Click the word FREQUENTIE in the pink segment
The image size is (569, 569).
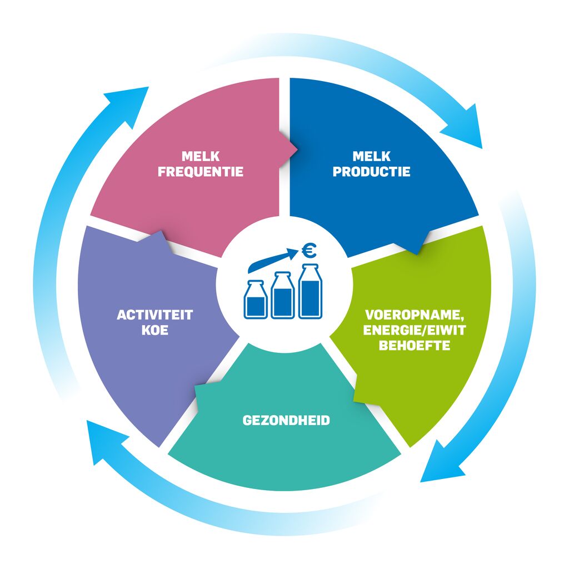pyautogui.click(x=200, y=172)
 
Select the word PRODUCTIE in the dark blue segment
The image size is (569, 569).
pyautogui.click(x=372, y=172)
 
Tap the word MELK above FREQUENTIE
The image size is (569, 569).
pyautogui.click(x=201, y=156)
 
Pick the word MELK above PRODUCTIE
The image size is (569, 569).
pyautogui.click(x=372, y=156)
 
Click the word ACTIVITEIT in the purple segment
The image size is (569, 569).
pyautogui.click(x=155, y=315)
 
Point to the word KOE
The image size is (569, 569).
pyautogui.click(x=155, y=330)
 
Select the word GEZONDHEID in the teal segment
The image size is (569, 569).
pyautogui.click(x=286, y=420)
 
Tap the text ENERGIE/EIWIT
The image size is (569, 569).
pyautogui.click(x=415, y=330)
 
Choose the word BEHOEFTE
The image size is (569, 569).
pyautogui.click(x=415, y=346)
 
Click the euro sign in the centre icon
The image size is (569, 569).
pyautogui.click(x=309, y=250)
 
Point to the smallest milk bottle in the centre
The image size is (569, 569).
pyautogui.click(x=256, y=300)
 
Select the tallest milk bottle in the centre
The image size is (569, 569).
pyautogui.click(x=310, y=291)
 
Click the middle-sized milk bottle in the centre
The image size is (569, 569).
pyautogui.click(x=283, y=296)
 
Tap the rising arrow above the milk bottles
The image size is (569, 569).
pyautogui.click(x=273, y=259)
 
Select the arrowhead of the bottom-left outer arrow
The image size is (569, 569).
pyautogui.click(x=103, y=439)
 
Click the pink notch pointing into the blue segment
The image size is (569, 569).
pyautogui.click(x=289, y=149)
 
